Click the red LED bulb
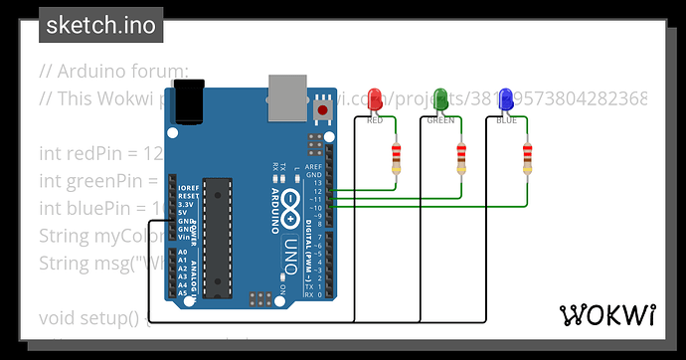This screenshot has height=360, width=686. point(375,99)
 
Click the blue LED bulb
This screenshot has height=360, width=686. point(506,99)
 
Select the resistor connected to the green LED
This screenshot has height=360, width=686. point(461,157)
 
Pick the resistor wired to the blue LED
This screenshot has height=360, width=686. point(527,157)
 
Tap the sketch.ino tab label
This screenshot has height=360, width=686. point(100,25)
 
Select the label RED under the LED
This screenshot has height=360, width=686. point(375,120)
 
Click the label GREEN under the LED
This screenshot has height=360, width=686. point(440,120)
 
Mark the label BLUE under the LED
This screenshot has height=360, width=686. point(506,120)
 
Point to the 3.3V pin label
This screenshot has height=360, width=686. point(186,203)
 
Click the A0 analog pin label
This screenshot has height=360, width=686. point(182,253)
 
